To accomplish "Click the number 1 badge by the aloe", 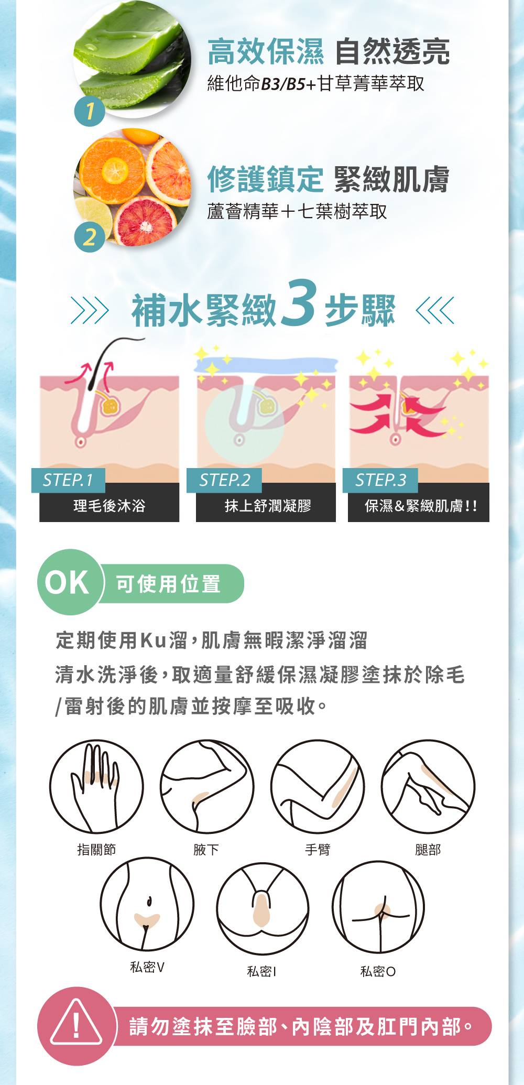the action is click(90, 111).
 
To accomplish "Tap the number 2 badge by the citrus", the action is click(90, 237).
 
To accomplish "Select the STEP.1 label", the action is click(68, 480).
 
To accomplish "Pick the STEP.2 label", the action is click(224, 480).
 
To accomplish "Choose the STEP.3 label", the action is click(380, 480).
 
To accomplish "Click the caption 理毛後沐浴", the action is click(109, 506).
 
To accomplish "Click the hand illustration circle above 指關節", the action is click(96, 786).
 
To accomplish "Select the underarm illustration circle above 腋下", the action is click(206, 786).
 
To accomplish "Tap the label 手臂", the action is click(318, 850).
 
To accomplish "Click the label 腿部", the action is click(428, 850).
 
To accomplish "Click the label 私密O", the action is click(378, 971).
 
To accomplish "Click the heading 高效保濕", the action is click(266, 51).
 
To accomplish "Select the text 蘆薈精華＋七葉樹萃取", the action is click(297, 211).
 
